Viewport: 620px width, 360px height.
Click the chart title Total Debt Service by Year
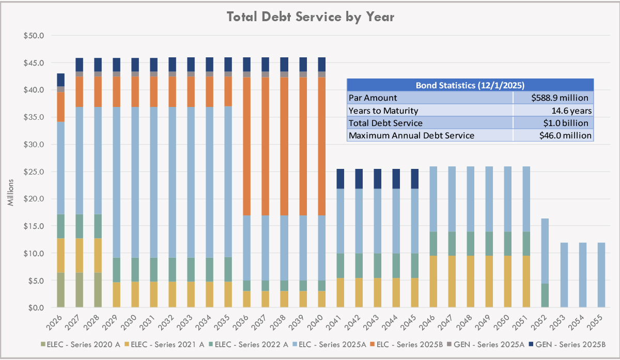tap(311, 17)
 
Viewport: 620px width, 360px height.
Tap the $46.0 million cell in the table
tap(553, 136)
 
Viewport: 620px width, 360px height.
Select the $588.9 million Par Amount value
tap(553, 98)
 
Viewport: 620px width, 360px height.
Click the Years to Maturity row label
tap(383, 111)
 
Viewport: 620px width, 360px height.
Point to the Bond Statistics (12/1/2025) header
tap(470, 85)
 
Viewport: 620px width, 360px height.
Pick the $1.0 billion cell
tap(553, 123)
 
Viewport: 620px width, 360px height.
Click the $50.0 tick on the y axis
tap(35, 36)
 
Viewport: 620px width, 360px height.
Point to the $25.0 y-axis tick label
tap(35, 171)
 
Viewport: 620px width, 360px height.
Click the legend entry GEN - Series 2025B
tap(570, 344)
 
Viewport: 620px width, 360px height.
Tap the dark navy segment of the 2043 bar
tap(377, 179)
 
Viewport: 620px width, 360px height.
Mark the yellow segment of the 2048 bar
tap(471, 281)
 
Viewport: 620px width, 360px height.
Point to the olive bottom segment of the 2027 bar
tap(79, 290)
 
